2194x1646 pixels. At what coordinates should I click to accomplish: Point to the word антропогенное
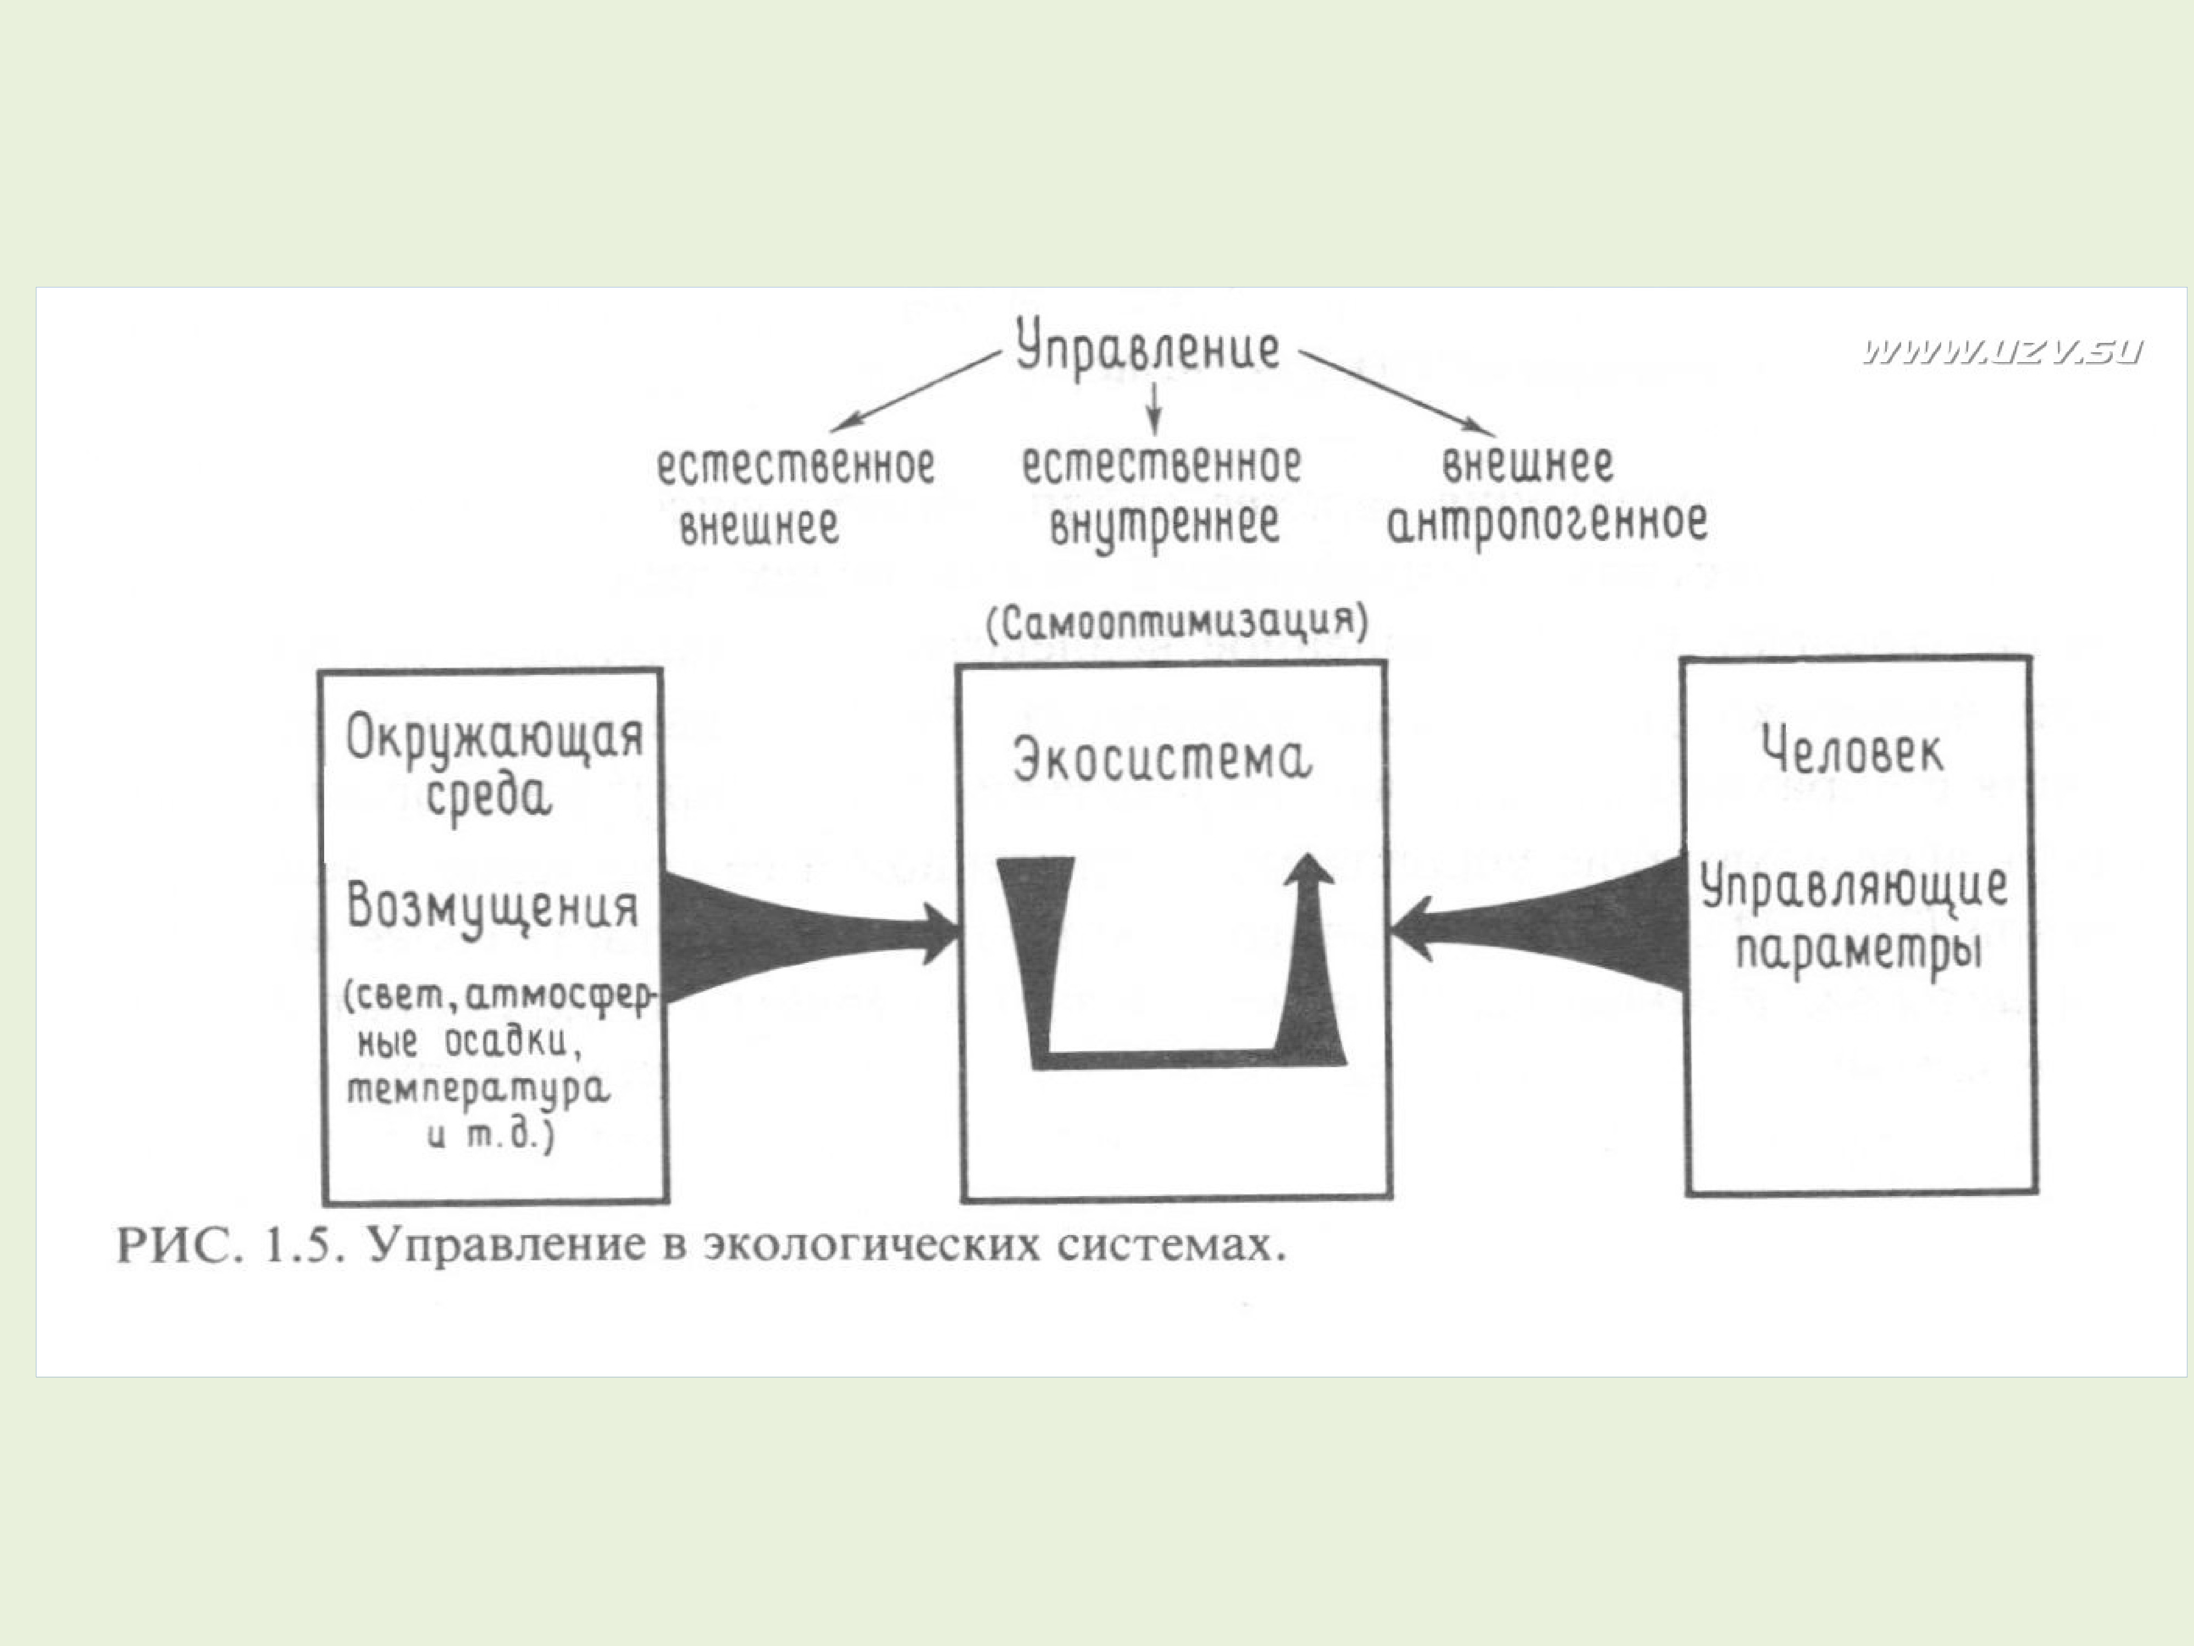(1547, 523)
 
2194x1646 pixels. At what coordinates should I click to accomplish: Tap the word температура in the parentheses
(479, 1090)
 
